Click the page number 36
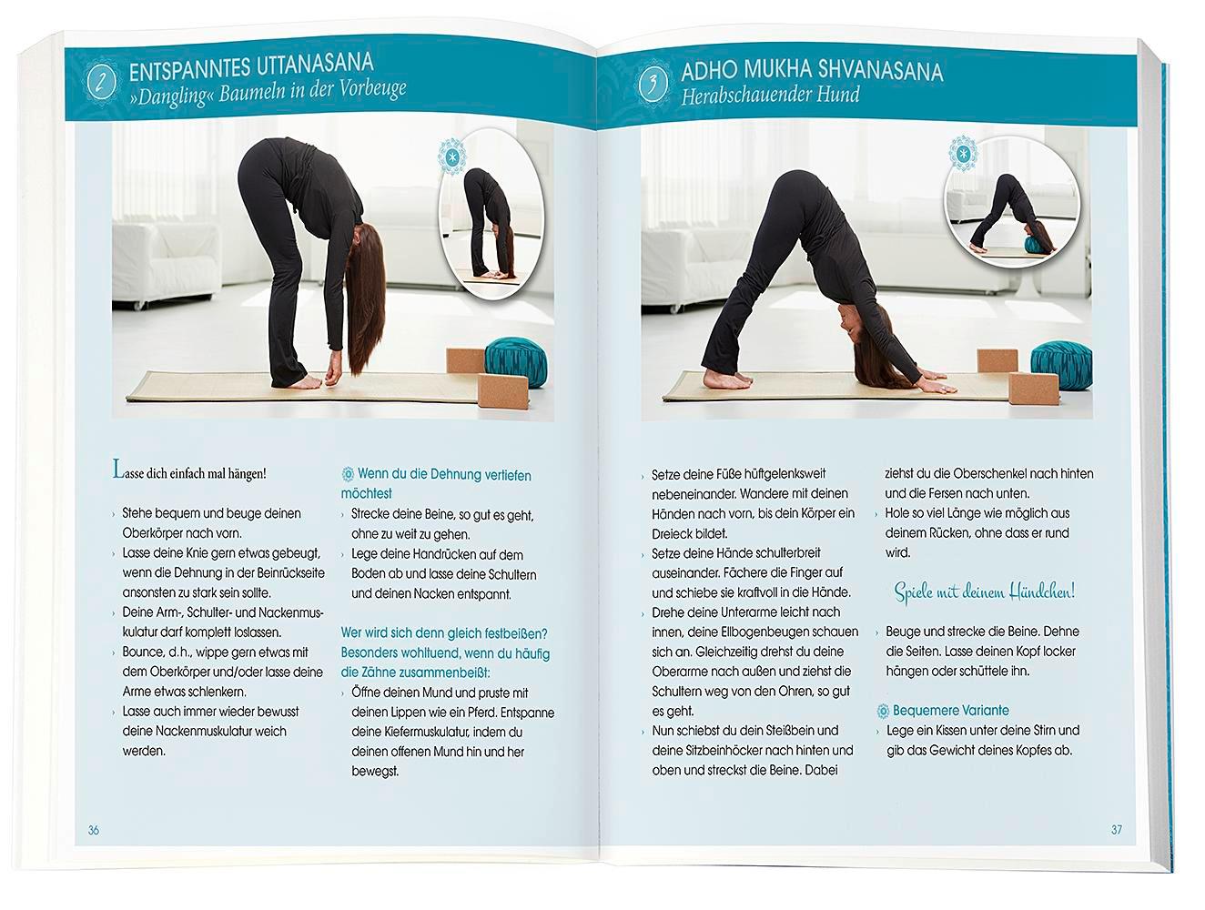tap(94, 830)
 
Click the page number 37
tap(1116, 830)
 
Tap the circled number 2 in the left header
tap(101, 82)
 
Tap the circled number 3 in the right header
tap(653, 85)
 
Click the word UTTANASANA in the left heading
tap(316, 64)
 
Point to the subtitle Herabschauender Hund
tap(770, 96)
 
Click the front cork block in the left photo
tap(502, 389)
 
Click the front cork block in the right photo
tap(1033, 389)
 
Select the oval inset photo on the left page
tap(491, 215)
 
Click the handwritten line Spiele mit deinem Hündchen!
tap(985, 591)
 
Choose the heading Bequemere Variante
tap(950, 710)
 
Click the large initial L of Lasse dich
tap(118, 470)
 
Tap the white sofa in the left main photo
tap(165, 264)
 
